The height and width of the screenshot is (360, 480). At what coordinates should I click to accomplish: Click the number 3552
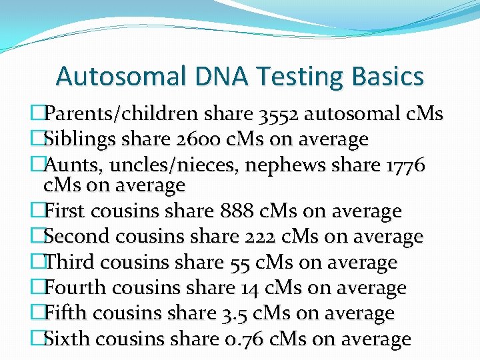[x=279, y=114]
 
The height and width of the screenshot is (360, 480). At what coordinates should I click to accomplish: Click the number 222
[x=261, y=237]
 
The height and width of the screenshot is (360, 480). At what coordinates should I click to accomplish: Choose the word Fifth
[x=64, y=313]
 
